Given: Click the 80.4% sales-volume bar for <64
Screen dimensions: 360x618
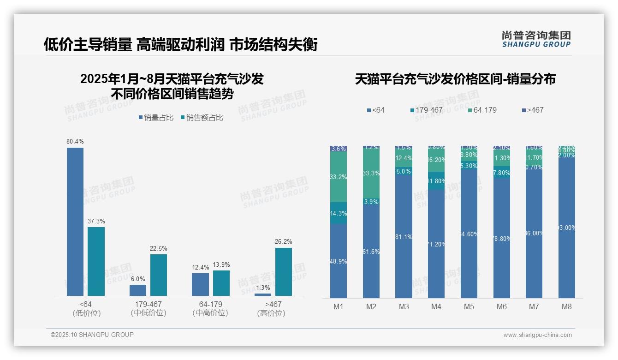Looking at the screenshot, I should pyautogui.click(x=75, y=222).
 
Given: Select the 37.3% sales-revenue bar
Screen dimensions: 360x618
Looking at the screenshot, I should pyautogui.click(x=96, y=261).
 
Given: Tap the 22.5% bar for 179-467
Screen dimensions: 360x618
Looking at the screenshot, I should pyautogui.click(x=159, y=275).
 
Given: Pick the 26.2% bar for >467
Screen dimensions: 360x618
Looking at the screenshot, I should pyautogui.click(x=284, y=271).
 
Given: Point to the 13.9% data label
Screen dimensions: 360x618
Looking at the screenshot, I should pyautogui.click(x=221, y=265).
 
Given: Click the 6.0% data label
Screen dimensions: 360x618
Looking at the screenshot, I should pyautogui.click(x=138, y=279).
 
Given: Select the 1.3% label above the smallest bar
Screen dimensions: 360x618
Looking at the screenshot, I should pyautogui.click(x=263, y=288).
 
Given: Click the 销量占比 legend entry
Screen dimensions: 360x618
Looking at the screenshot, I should pyautogui.click(x=156, y=118).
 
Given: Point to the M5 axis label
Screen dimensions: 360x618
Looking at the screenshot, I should pyautogui.click(x=469, y=306).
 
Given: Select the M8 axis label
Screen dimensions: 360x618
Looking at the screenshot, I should pyautogui.click(x=567, y=306).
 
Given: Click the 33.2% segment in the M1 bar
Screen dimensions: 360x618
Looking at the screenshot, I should pyautogui.click(x=339, y=177).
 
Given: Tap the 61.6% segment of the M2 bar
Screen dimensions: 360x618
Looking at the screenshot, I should pyautogui.click(x=371, y=252).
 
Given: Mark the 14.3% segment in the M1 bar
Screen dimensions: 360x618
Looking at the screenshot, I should pyautogui.click(x=339, y=213).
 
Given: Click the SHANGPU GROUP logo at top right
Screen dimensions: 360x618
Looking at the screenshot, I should pyautogui.click(x=536, y=39).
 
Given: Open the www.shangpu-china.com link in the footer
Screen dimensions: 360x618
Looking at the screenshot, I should pyautogui.click(x=537, y=335).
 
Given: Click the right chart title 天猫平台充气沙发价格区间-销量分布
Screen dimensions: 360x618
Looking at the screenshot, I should pyautogui.click(x=455, y=79).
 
